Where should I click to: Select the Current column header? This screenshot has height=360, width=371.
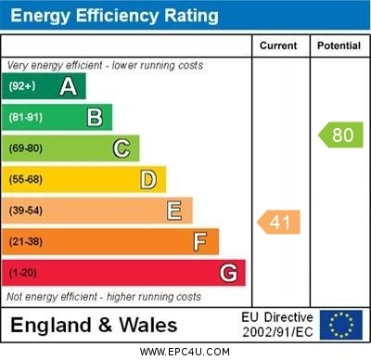click(x=278, y=45)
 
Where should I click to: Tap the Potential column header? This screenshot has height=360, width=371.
click(x=339, y=45)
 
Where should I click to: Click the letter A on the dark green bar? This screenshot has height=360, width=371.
click(x=68, y=86)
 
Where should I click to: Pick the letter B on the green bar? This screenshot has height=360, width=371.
click(x=95, y=117)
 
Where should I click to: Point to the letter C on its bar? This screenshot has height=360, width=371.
click(x=122, y=148)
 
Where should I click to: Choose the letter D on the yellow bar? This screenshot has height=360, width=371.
click(x=148, y=179)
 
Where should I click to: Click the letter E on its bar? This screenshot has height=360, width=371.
click(x=174, y=211)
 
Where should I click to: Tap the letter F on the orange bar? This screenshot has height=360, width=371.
click(x=200, y=242)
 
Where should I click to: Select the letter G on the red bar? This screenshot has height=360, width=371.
click(x=228, y=273)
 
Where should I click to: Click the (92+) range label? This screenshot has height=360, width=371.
click(x=22, y=86)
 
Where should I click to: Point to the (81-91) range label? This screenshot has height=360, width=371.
click(x=26, y=117)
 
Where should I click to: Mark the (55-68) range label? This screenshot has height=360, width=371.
click(x=26, y=179)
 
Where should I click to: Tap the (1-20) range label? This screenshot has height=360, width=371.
click(x=23, y=273)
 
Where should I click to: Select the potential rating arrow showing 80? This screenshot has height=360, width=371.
click(x=340, y=135)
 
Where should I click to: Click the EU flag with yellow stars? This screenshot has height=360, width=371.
click(x=341, y=325)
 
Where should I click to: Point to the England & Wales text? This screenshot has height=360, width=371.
click(x=94, y=326)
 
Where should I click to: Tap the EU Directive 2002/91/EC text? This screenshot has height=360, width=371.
click(x=277, y=325)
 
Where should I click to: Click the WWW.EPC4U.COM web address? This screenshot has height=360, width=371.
click(x=185, y=352)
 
